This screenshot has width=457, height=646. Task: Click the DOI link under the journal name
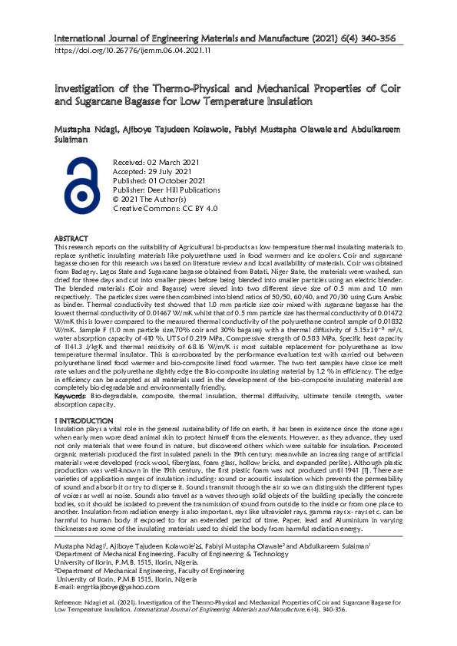pos(131,51)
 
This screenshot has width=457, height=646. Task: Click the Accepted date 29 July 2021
pos(152,173)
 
